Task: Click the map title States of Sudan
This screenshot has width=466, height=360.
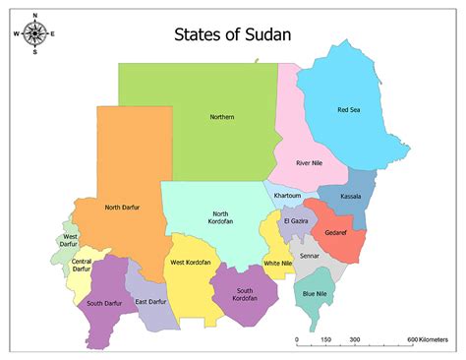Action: (x=232, y=36)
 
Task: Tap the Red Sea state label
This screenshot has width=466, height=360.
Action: (x=349, y=110)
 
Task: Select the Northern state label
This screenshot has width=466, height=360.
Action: (x=222, y=118)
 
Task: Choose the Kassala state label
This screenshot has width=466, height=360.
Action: (x=351, y=197)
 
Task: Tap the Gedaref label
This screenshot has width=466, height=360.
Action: (x=337, y=232)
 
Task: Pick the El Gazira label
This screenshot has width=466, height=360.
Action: (x=296, y=221)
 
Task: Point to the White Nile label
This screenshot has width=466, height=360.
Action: (x=278, y=264)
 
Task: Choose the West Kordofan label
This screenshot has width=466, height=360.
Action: (x=191, y=263)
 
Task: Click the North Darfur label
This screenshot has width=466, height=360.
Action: (x=125, y=207)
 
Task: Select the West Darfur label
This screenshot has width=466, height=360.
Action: (x=71, y=241)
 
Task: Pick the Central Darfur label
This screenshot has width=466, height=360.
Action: (x=82, y=265)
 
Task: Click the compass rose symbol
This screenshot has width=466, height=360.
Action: (x=35, y=34)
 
